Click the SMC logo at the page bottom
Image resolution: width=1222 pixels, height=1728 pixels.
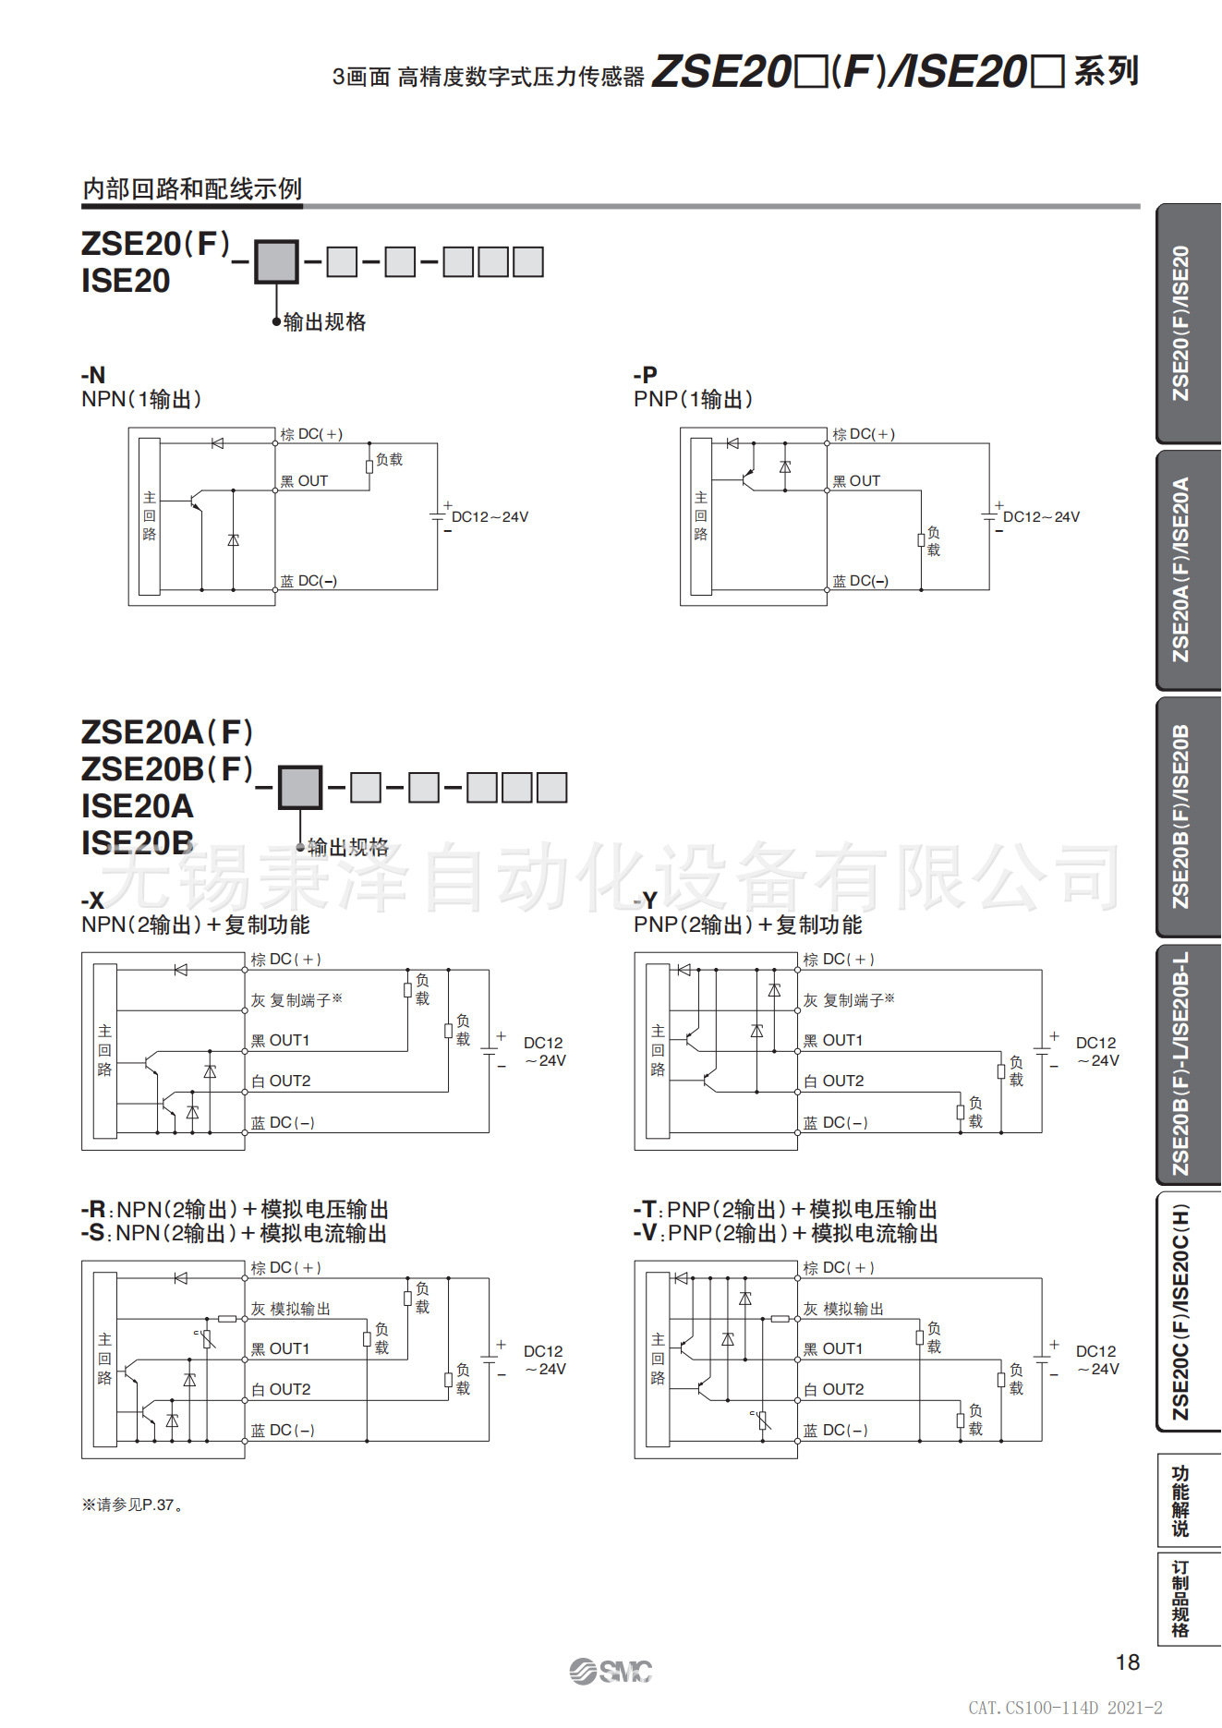[611, 1671]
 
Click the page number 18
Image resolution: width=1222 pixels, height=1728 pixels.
[1127, 1662]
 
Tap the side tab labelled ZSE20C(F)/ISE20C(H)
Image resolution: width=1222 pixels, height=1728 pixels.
[1181, 1311]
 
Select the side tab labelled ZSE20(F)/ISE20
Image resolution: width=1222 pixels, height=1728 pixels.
[1181, 323]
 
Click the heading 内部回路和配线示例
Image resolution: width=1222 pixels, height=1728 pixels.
[192, 189]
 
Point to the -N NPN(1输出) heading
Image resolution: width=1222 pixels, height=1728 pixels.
[140, 388]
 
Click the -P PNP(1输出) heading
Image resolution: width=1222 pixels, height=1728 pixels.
[693, 388]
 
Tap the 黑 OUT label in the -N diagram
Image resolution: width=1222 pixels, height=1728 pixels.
[305, 481]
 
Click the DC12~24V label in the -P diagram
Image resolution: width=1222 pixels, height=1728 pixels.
[1041, 517]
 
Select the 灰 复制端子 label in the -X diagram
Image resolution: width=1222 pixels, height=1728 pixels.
[296, 1000]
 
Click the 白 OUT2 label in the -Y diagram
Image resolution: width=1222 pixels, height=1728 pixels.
[834, 1082]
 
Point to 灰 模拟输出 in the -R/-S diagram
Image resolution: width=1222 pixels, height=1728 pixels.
[291, 1309]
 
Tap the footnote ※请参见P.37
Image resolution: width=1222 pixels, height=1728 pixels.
[132, 1504]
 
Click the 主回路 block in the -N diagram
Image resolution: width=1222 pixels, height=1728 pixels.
[150, 516]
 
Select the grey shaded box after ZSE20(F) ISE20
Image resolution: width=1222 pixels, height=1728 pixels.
[276, 262]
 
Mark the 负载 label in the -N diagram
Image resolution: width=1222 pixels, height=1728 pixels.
[390, 459]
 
